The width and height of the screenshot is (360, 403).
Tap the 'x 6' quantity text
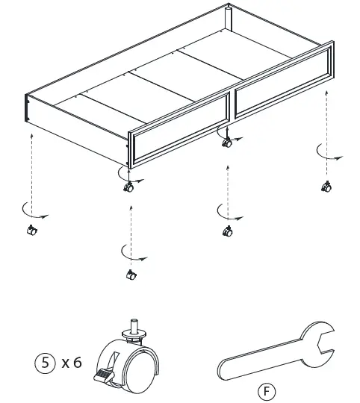[72, 363]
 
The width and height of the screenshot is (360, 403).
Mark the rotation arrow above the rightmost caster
[326, 154]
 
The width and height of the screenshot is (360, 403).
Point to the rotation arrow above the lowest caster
[131, 254]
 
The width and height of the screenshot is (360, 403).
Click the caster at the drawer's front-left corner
[128, 187]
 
